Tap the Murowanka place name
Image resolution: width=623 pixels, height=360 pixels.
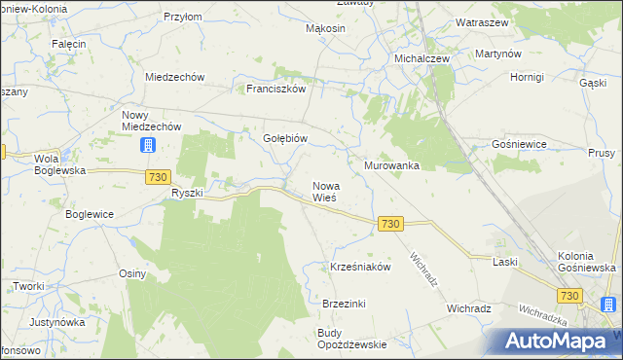click(x=391, y=166)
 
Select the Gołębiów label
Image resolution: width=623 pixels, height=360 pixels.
click(x=285, y=138)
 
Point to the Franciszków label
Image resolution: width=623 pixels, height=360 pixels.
click(x=276, y=89)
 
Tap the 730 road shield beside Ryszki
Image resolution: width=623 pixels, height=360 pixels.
click(x=160, y=176)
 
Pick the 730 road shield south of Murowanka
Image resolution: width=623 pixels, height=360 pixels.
click(x=390, y=224)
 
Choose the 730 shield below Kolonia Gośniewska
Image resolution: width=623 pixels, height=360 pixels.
click(x=569, y=295)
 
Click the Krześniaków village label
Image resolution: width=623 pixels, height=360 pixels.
click(x=360, y=267)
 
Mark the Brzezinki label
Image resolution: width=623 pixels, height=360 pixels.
click(x=344, y=304)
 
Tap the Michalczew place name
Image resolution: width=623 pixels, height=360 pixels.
click(x=421, y=58)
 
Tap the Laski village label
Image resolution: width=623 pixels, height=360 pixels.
click(x=504, y=263)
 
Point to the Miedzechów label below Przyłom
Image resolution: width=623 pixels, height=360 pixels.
click(x=173, y=77)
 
